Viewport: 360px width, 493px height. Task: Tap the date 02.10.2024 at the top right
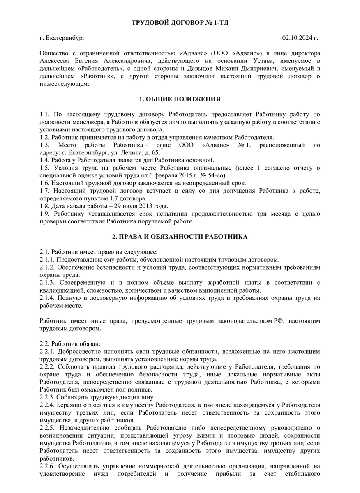tap(298, 38)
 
